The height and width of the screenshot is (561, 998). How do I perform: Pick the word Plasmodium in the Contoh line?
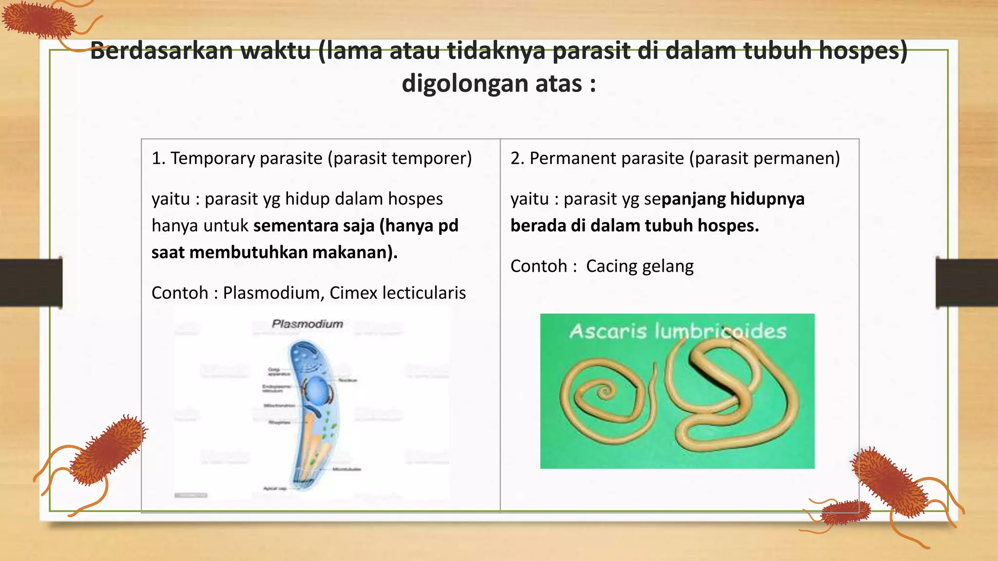(271, 293)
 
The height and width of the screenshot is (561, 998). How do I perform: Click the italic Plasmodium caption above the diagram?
(307, 324)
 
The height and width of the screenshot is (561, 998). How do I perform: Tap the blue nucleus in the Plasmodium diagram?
(317, 389)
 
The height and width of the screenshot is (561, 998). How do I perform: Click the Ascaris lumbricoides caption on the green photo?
(677, 331)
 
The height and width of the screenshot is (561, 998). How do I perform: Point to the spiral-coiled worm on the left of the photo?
(602, 394)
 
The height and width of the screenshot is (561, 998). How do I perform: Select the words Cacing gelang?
(639, 266)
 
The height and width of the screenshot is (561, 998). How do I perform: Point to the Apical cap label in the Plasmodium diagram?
(274, 488)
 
